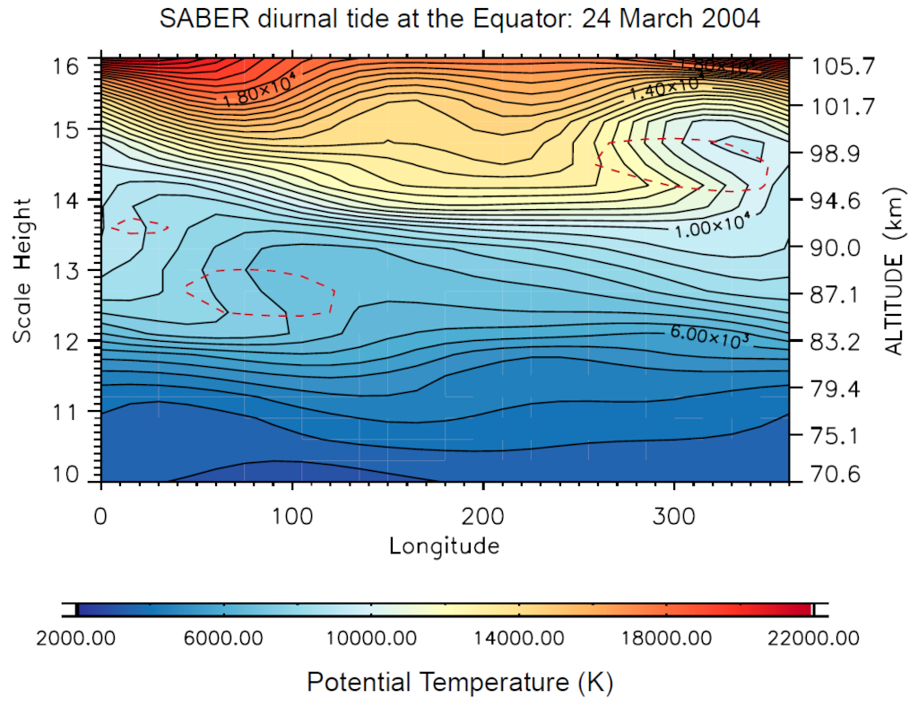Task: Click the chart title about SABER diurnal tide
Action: (459, 18)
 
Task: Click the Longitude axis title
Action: (444, 545)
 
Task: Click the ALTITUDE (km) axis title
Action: (894, 270)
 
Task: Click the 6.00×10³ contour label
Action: (708, 334)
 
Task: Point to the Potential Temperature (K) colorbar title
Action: (459, 682)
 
